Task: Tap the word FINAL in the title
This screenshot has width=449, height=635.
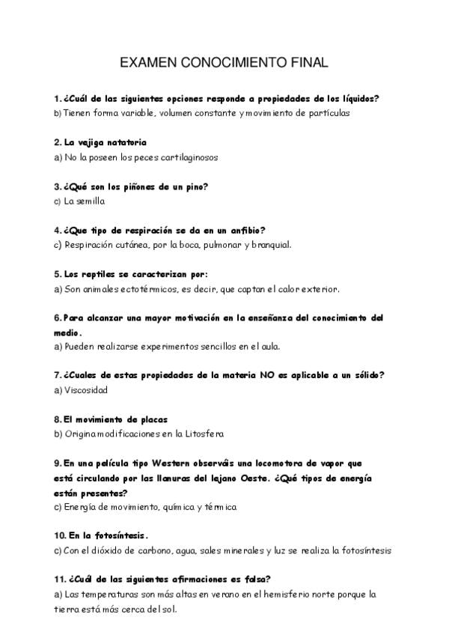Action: click(309, 64)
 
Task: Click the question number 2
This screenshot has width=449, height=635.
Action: click(57, 142)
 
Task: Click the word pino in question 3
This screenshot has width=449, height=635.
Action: click(196, 186)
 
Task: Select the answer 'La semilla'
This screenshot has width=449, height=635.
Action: click(84, 201)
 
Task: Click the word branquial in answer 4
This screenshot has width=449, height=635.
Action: click(271, 244)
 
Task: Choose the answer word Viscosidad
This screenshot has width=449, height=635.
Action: click(86, 390)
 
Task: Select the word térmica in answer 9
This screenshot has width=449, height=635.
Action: click(219, 507)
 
